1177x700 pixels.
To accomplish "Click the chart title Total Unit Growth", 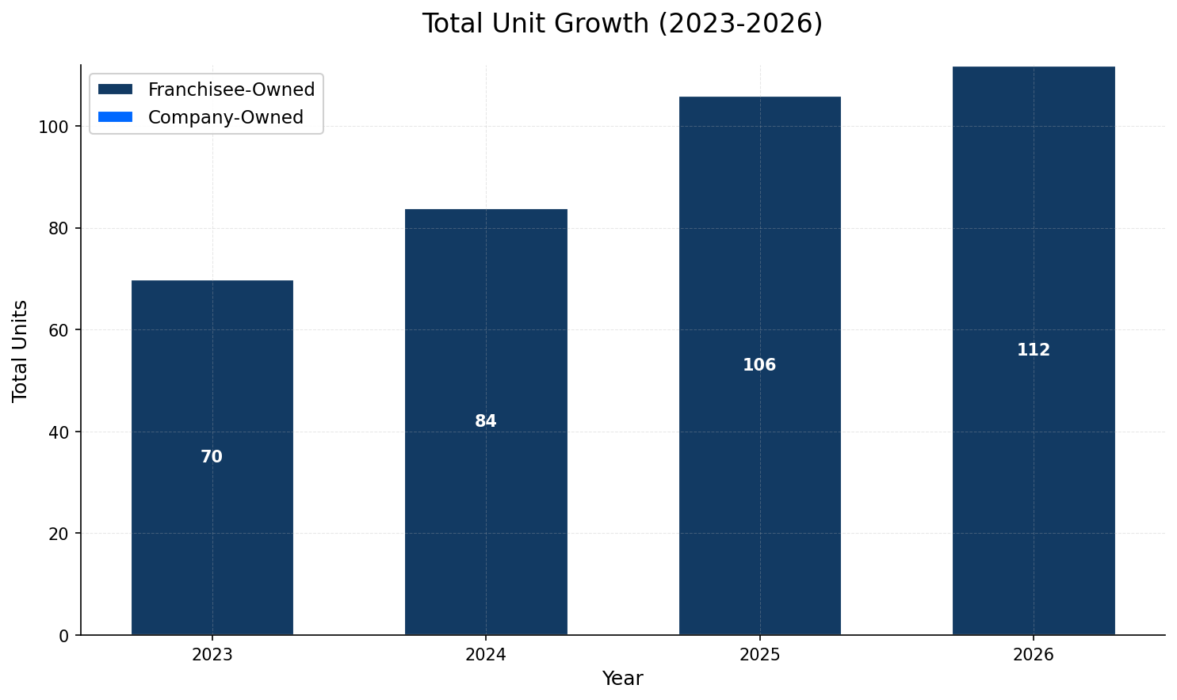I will (622, 24).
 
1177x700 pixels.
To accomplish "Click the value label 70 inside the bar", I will (212, 457).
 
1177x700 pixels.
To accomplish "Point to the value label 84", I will (486, 421).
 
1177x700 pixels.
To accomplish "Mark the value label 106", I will (759, 365).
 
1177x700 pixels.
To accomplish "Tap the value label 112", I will (1034, 350).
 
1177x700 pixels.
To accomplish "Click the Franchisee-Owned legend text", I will (231, 89).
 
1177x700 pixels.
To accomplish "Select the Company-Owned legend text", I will (226, 117).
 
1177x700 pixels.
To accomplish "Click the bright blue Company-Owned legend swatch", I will (115, 117).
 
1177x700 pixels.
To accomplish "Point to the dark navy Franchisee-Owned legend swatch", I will (115, 89).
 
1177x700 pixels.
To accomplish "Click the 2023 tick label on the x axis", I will (212, 655).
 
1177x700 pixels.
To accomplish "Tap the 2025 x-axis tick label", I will (759, 655).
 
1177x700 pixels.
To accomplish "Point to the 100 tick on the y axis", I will (58, 127).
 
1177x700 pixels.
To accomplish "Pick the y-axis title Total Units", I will (21, 350).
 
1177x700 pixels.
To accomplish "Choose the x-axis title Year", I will (622, 679).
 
